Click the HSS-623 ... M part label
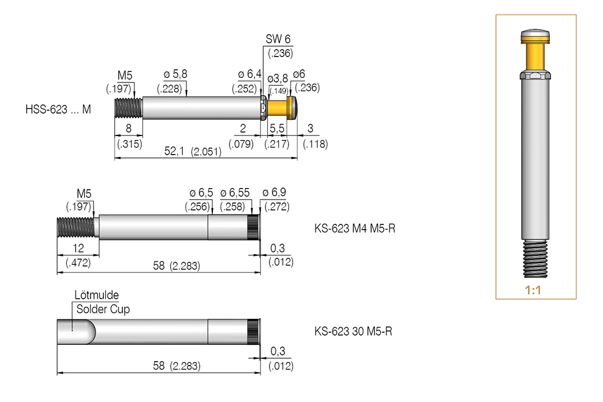click(58, 108)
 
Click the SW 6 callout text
click(278, 39)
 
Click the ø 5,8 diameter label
click(175, 74)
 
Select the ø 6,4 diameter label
click(249, 74)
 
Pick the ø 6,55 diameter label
click(235, 193)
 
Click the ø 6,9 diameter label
click(274, 193)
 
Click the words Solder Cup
click(103, 309)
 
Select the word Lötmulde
click(96, 295)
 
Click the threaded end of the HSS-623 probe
click(128, 108)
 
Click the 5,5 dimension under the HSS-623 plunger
click(277, 128)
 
